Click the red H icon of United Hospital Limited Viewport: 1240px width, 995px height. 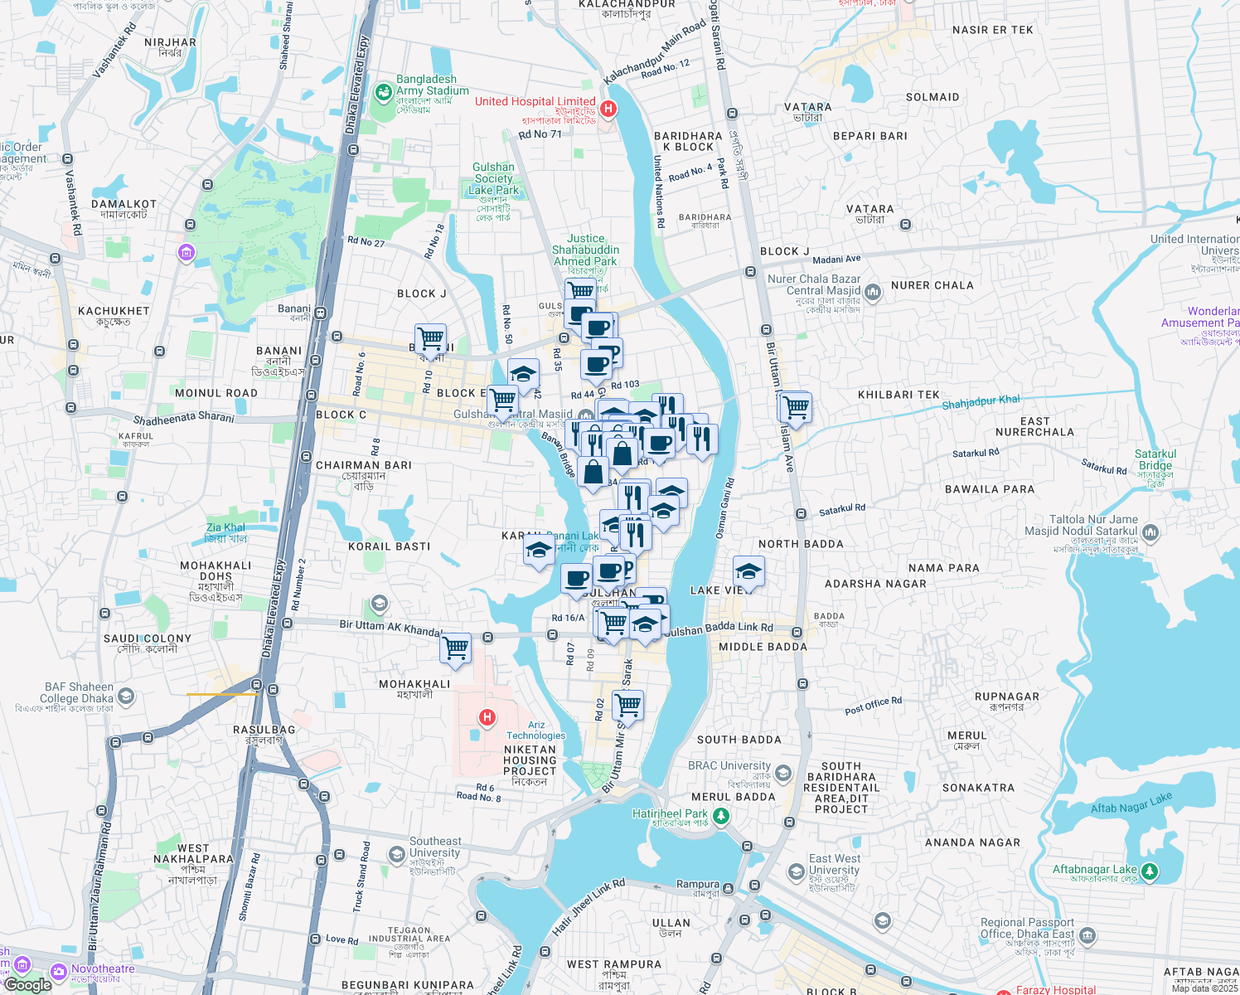tap(608, 109)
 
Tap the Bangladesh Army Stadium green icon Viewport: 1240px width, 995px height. tap(383, 92)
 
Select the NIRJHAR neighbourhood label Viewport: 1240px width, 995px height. tap(170, 42)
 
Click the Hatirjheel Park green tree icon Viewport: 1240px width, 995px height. tap(721, 816)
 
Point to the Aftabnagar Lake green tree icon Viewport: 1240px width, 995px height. tap(1149, 871)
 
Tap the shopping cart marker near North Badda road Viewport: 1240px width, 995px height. tap(796, 408)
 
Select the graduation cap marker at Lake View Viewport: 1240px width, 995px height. tap(748, 572)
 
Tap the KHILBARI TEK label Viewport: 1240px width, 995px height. tap(899, 395)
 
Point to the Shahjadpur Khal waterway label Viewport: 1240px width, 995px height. tap(981, 402)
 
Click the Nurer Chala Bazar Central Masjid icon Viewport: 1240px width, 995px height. tap(872, 292)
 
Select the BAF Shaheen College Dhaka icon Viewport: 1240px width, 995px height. tap(126, 696)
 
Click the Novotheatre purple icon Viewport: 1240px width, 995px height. tap(59, 971)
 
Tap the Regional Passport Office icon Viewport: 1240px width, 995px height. tap(1087, 936)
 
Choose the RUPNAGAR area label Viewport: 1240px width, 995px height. tap(1007, 696)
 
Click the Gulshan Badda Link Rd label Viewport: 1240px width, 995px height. tap(718, 629)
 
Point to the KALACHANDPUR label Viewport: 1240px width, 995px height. tap(627, 4)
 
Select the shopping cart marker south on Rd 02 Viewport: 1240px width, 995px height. tap(627, 706)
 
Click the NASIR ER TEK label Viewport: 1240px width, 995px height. tap(992, 30)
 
